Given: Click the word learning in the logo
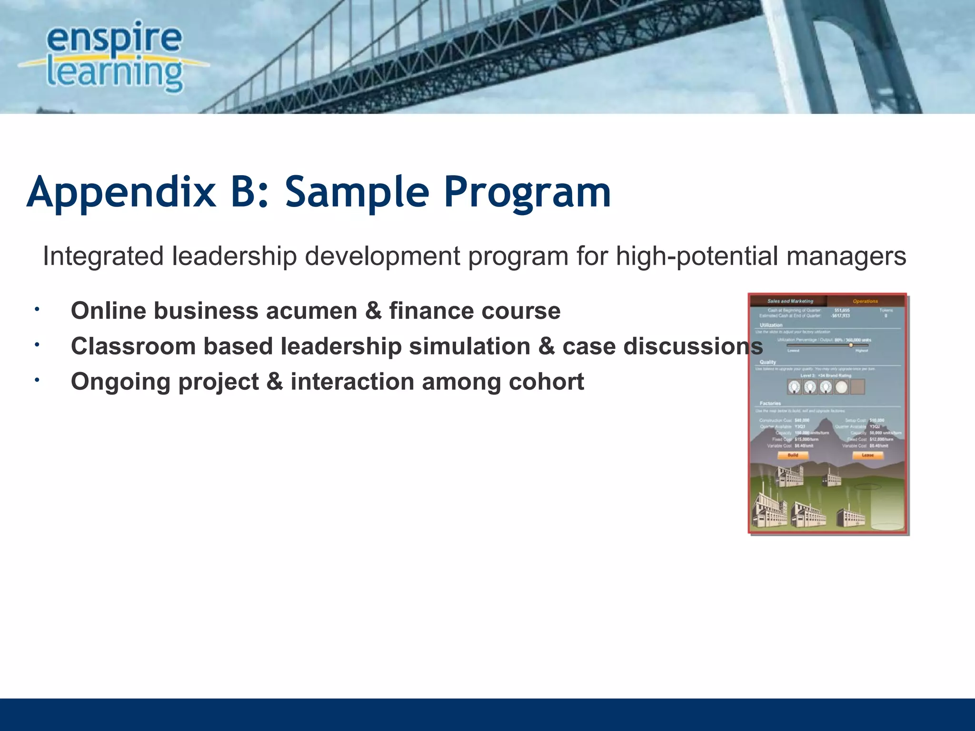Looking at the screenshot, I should coord(114,74).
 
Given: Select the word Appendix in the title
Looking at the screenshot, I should coord(121,193).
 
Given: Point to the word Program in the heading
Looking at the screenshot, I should coord(527,193).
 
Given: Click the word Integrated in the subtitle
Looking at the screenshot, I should coord(103,256).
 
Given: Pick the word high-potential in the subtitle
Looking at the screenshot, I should coord(697,256).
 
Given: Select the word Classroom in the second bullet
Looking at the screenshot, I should coord(133,346).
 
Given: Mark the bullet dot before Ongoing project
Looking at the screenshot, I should coord(37,380).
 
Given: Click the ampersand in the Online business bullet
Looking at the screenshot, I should coord(373,311).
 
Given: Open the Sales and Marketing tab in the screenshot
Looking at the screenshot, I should coord(790,301).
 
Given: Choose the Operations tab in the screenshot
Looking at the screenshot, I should coord(865,301).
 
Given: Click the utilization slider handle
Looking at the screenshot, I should coord(851,345).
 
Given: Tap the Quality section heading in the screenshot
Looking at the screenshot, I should coord(767,362).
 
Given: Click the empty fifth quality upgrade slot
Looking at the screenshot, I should coord(857,387).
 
